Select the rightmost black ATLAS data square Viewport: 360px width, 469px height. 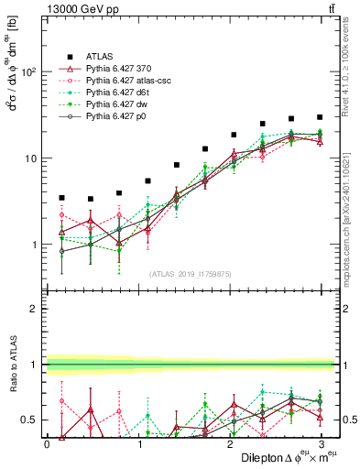[x=320, y=117]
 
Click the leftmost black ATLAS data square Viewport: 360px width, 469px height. [x=61, y=197]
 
